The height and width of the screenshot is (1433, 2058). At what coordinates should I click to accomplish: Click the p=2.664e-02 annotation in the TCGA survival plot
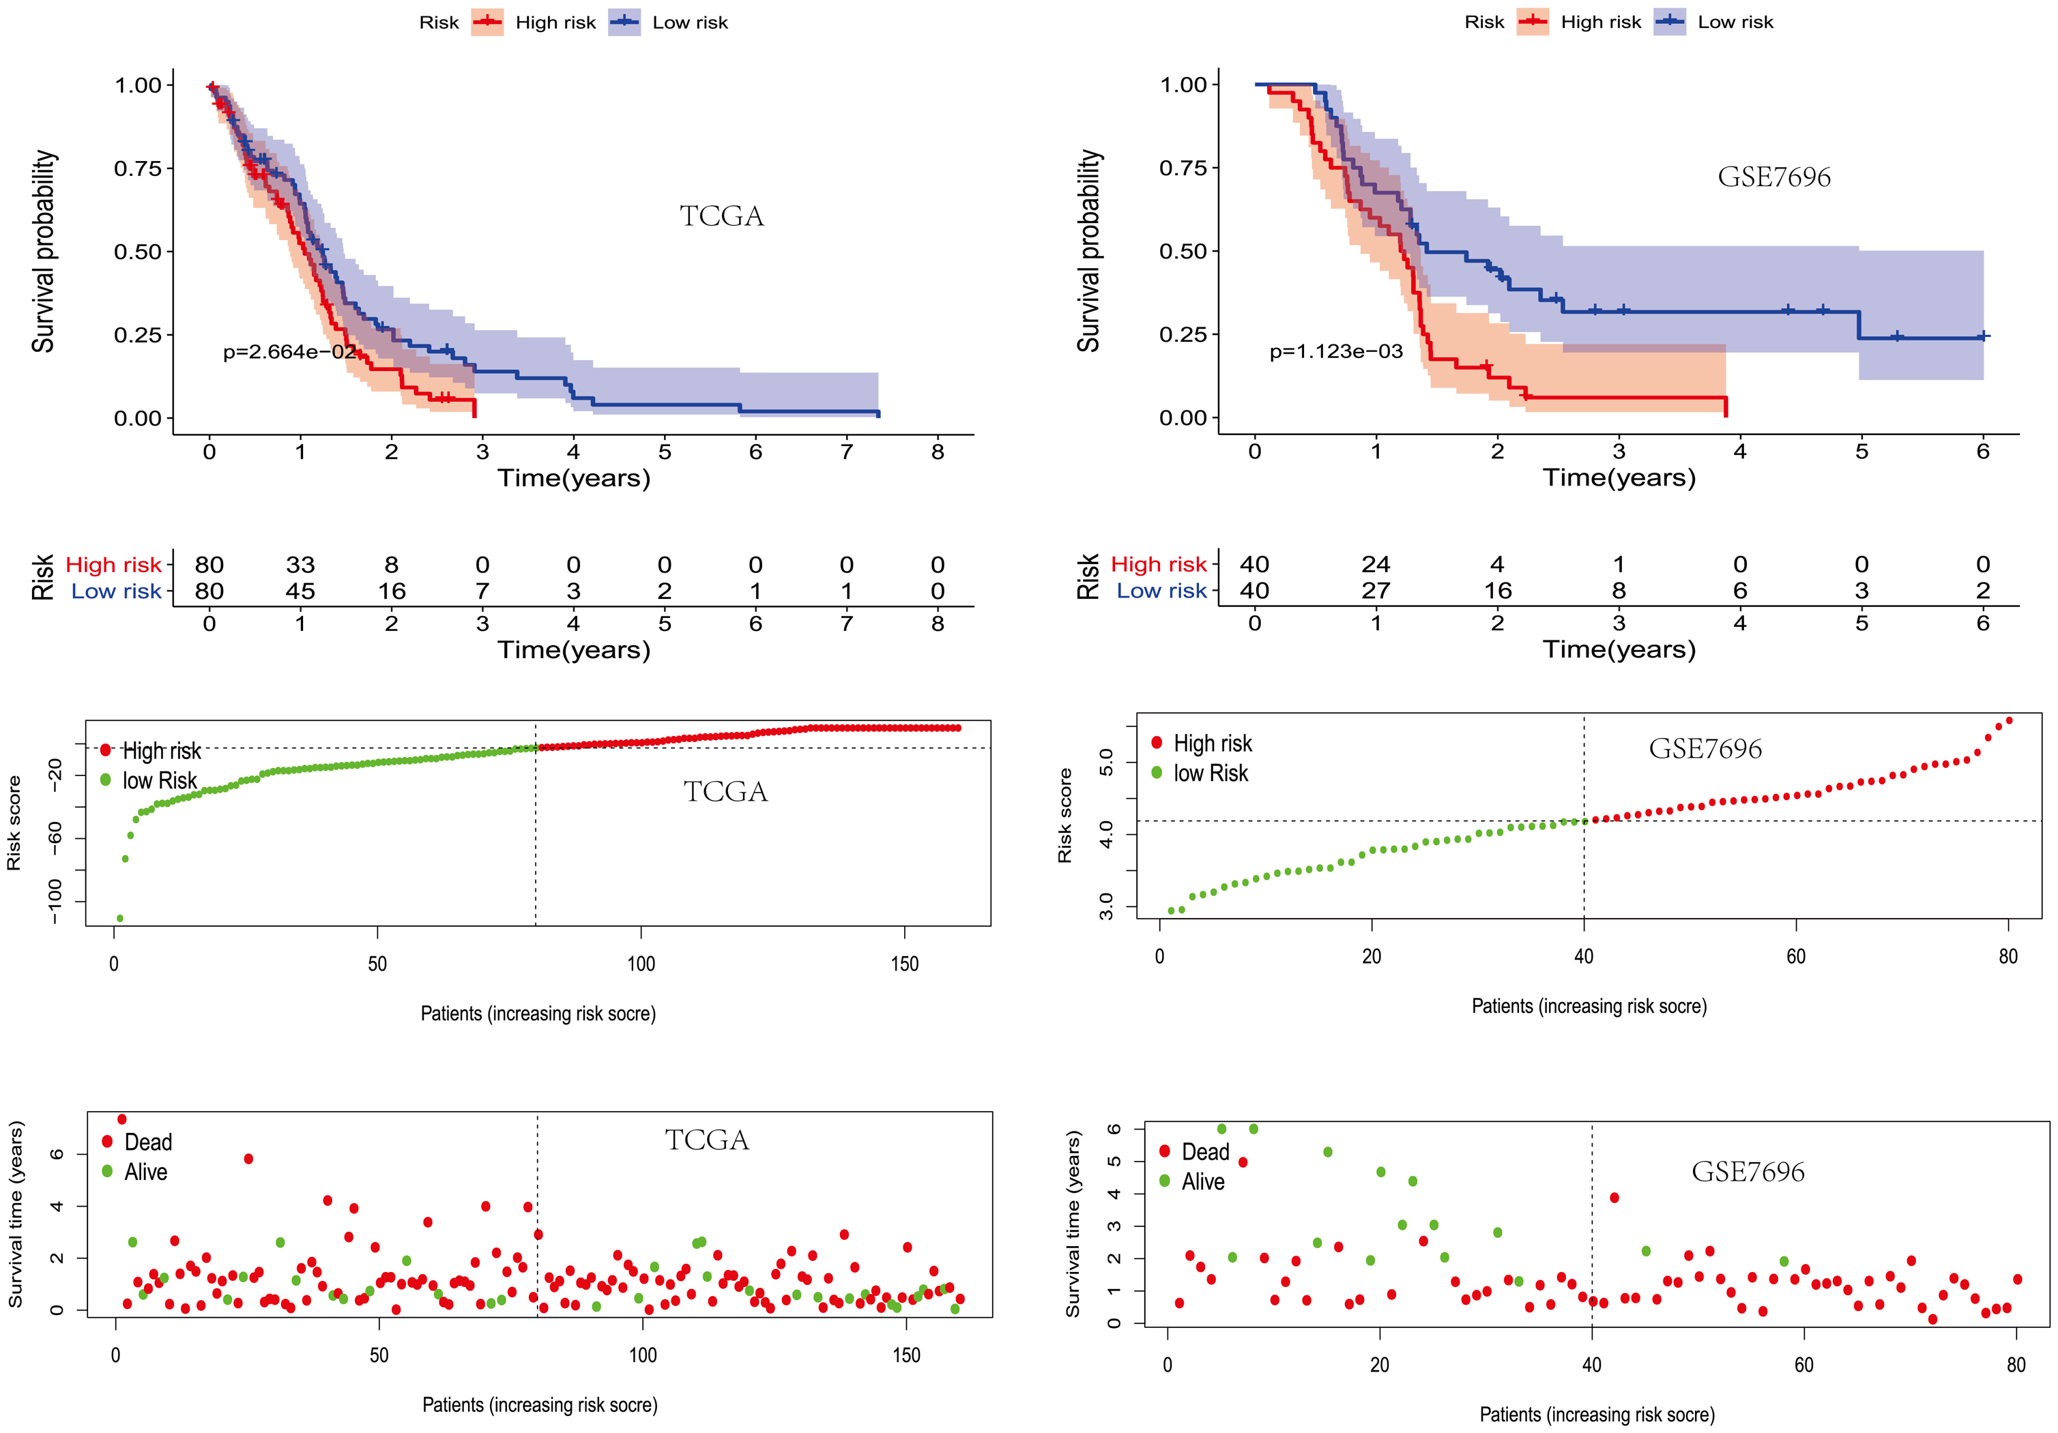tap(289, 351)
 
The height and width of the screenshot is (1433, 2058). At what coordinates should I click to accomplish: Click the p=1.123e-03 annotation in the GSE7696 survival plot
tap(1335, 351)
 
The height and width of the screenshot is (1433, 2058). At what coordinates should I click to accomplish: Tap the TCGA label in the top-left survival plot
tap(721, 216)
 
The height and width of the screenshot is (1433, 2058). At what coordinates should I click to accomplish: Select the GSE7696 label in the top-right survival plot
tap(1774, 177)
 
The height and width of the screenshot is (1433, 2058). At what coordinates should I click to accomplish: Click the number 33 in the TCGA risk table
tap(300, 565)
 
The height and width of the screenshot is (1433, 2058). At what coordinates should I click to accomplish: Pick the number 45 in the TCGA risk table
tap(300, 591)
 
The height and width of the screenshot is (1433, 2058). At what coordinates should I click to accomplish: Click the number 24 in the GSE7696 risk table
tap(1376, 563)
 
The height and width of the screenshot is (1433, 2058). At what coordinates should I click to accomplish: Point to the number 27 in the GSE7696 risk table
tap(1376, 590)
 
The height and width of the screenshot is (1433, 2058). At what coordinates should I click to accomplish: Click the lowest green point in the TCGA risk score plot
tap(120, 917)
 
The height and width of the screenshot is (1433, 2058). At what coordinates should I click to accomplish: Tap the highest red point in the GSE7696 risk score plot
tap(2009, 720)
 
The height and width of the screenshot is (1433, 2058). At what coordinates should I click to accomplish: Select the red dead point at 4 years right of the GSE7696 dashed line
tap(1614, 1197)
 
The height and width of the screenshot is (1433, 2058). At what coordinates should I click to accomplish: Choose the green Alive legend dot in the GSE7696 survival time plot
tap(1164, 1180)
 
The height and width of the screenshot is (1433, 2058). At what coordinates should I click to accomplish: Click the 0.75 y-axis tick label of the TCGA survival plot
tap(137, 168)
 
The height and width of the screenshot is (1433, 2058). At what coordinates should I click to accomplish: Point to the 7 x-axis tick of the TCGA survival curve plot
tap(846, 452)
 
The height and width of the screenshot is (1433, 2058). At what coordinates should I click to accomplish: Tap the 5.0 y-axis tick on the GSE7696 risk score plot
tap(1106, 763)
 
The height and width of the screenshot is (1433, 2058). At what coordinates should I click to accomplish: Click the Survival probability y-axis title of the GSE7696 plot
tap(1089, 251)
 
